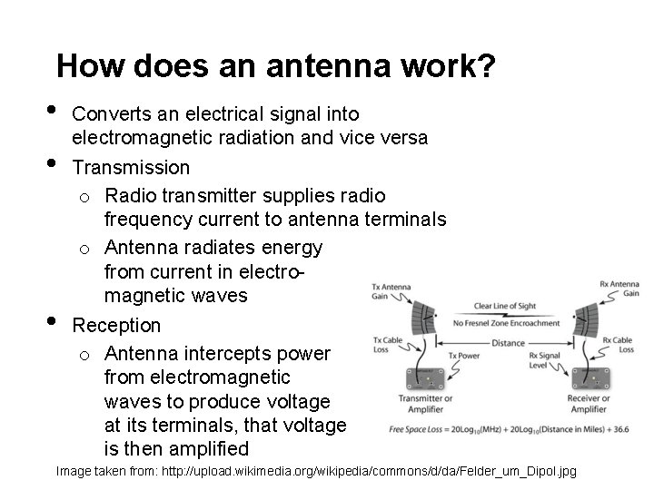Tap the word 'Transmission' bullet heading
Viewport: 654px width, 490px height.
pos(131,168)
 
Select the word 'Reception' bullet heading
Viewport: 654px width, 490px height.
pos(116,325)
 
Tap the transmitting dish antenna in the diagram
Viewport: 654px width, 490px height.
pos(422,313)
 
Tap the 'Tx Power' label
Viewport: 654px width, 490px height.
pos(464,357)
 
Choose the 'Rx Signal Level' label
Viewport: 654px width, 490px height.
pos(544,361)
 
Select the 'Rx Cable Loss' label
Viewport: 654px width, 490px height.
pos(619,347)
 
